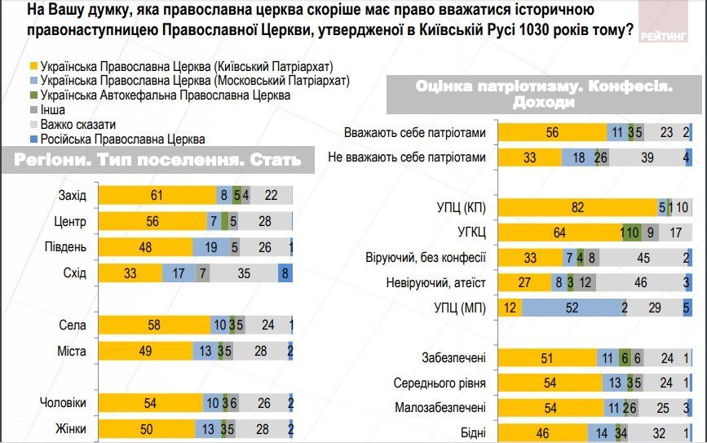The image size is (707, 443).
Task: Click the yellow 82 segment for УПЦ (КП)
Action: click(578, 207)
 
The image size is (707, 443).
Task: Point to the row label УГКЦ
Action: click(468, 233)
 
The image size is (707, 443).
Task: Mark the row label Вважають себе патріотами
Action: click(415, 133)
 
